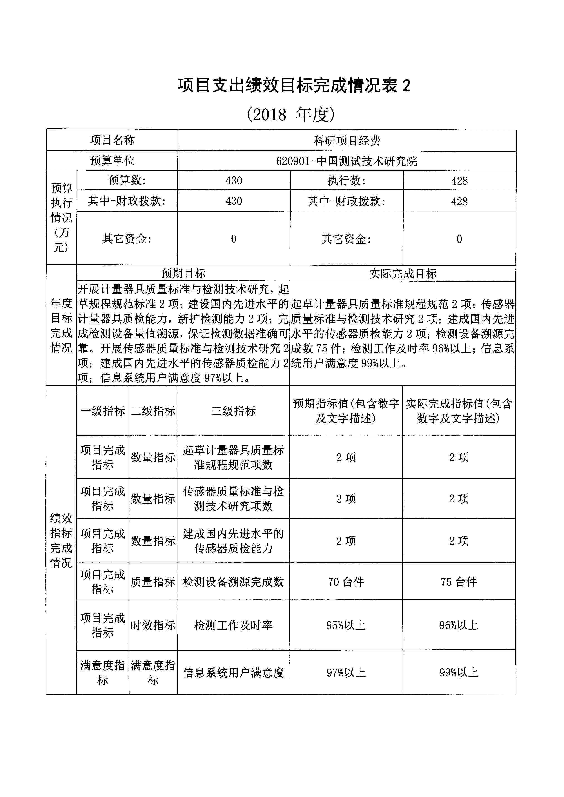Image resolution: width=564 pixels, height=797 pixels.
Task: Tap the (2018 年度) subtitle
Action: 291,115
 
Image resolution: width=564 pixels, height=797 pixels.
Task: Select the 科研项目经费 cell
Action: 347,140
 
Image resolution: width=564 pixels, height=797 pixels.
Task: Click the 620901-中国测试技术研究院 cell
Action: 347,161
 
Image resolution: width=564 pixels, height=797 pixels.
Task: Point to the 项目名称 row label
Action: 112,140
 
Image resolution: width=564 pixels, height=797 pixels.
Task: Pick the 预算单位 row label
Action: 112,160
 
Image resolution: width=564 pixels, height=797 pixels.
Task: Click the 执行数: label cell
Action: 346,181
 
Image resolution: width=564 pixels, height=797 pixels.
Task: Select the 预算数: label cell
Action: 127,180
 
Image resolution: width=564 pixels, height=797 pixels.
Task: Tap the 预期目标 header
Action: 183,273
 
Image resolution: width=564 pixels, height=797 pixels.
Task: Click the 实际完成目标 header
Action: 402,274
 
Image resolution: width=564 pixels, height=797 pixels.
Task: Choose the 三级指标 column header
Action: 233,411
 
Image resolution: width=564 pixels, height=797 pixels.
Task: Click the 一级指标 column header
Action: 103,411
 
